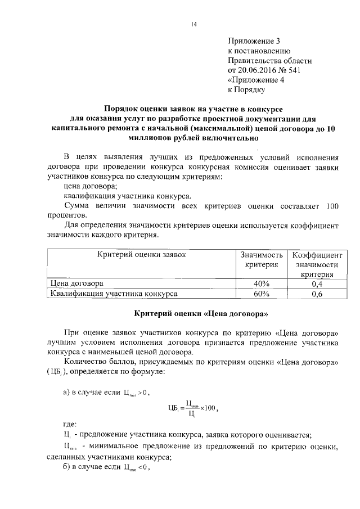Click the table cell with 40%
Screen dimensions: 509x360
[262, 283]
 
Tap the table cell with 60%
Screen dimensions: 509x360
[262, 294]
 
